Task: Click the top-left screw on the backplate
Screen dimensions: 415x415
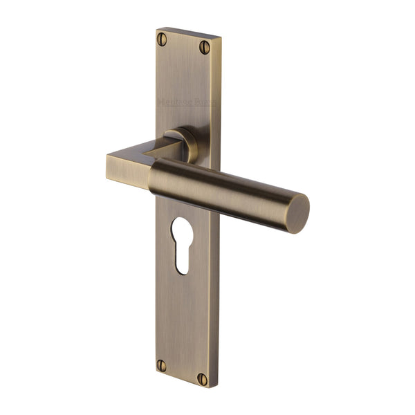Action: coord(162,39)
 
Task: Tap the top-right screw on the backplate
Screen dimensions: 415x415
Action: coord(205,47)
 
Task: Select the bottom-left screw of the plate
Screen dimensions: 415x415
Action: coord(162,365)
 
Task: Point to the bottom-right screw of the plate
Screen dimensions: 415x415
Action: coord(202,379)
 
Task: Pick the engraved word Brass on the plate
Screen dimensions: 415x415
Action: coord(204,103)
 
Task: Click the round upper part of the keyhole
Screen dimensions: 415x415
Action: coord(182,230)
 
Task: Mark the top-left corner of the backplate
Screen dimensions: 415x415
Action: coord(157,28)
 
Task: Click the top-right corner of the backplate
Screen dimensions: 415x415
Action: coord(219,37)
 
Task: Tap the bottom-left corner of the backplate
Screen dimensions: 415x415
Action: coord(156,374)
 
